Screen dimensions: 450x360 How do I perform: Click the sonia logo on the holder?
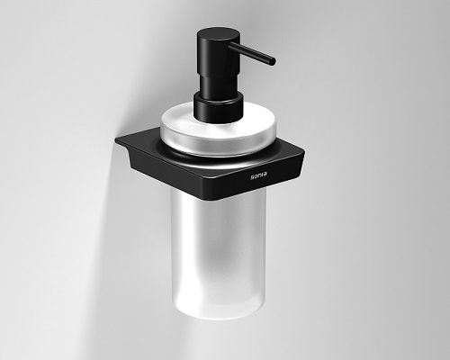point(259,176)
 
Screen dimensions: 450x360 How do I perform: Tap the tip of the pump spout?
point(273,61)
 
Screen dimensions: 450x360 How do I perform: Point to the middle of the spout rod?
point(252,53)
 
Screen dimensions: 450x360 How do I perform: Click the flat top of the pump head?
point(219,33)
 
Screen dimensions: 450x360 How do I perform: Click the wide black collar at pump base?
point(218,107)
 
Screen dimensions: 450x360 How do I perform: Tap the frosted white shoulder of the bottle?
point(218,128)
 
